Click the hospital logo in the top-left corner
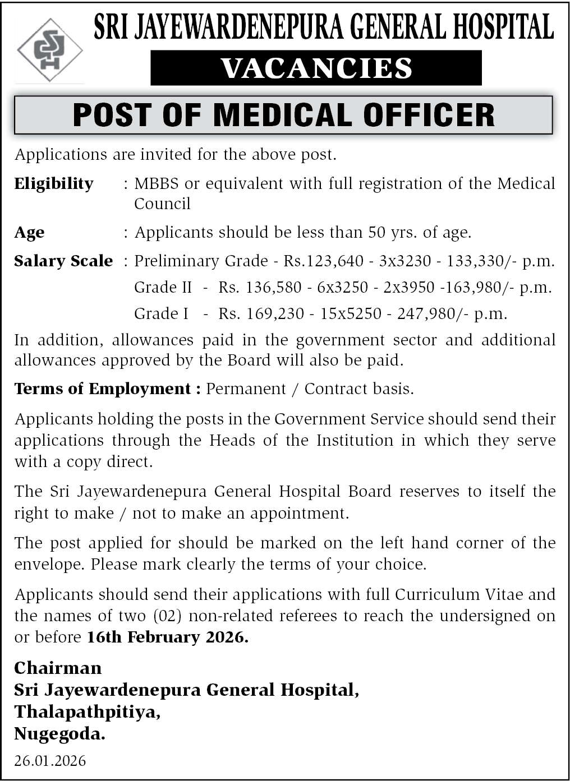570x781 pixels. pos(49,50)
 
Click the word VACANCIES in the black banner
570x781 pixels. pos(316,68)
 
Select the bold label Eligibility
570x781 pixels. pos(54,184)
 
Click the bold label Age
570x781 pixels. pos(29,233)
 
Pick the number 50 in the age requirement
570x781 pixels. pos(377,232)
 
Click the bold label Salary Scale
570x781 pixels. pos(63,261)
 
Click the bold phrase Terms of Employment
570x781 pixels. pos(103,389)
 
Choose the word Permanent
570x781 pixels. pos(246,389)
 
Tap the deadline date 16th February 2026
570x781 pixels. pos(167,637)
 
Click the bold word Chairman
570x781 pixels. pos(58,668)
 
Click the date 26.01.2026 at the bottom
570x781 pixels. pos(50,761)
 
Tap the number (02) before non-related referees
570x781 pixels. pos(167,616)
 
